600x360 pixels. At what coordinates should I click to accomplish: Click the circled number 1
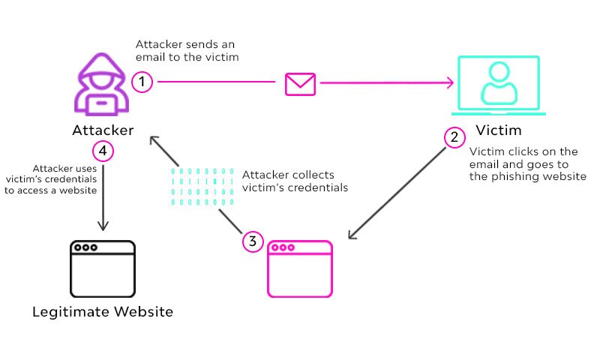(141, 81)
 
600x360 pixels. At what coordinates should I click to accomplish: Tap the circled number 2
(454, 137)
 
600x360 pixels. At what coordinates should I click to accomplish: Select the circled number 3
(253, 241)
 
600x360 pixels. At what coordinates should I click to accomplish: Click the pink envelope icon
(300, 83)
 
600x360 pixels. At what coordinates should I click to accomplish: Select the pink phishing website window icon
(300, 269)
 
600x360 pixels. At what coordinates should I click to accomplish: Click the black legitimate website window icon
(102, 268)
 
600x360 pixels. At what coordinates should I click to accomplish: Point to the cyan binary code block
(202, 187)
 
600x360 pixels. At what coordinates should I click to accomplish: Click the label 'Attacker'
(103, 130)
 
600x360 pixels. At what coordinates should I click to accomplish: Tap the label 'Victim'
(498, 130)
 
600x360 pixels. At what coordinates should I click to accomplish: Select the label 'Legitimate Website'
(103, 311)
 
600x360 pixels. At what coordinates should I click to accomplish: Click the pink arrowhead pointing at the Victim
(452, 83)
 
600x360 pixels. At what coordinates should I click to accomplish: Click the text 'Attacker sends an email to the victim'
(187, 51)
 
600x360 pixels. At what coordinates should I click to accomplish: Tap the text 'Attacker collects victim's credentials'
(295, 181)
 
